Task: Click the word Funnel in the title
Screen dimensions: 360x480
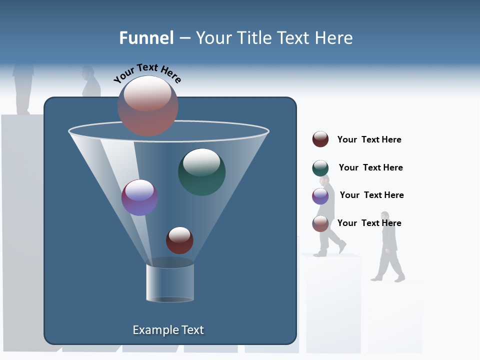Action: click(x=146, y=38)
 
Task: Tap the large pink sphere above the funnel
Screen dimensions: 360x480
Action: click(x=148, y=105)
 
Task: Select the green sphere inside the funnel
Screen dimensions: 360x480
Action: click(x=202, y=172)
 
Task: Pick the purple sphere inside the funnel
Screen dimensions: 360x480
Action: click(x=139, y=197)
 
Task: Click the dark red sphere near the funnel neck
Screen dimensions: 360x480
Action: click(x=179, y=240)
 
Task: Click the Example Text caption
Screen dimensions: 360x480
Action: click(x=168, y=330)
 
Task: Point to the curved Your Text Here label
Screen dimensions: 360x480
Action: click(x=147, y=73)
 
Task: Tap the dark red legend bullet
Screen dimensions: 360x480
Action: click(x=320, y=139)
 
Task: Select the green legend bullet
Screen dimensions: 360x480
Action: click(x=320, y=168)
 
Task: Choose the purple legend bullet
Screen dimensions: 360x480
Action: click(x=320, y=196)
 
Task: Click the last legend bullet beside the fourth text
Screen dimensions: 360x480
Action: click(x=320, y=223)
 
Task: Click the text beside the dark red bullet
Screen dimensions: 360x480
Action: click(x=369, y=139)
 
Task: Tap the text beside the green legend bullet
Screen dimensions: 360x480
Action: click(x=370, y=167)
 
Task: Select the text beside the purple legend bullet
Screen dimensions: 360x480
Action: click(x=371, y=195)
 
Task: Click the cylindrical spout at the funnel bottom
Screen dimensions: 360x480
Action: click(x=170, y=282)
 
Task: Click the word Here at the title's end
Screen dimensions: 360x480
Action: click(x=334, y=38)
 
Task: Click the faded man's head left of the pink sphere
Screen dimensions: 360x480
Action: click(x=88, y=73)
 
